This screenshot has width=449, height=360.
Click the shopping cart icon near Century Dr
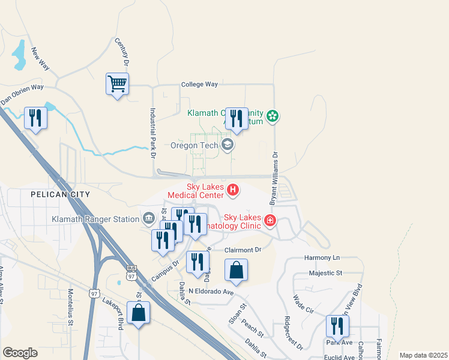point(117,84)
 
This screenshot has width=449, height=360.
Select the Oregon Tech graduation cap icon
point(227,145)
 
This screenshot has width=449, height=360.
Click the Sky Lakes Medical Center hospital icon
point(233,191)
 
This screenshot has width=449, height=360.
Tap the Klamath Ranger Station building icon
point(148,217)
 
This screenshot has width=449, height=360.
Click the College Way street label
point(199,85)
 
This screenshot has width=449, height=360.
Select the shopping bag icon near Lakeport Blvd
point(138,313)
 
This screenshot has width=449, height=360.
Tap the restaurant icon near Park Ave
point(337,326)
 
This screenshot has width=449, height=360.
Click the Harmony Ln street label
point(322,257)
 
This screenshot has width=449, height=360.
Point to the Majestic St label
point(325,273)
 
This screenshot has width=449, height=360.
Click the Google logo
point(20,353)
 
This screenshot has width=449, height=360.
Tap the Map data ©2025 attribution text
point(423,355)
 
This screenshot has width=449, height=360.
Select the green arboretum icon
point(273,116)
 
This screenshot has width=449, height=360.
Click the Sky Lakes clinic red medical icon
point(270,221)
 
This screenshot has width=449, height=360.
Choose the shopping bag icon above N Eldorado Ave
point(237,271)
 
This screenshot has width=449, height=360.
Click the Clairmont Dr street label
point(243,250)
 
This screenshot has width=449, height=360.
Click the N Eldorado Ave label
point(210,292)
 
